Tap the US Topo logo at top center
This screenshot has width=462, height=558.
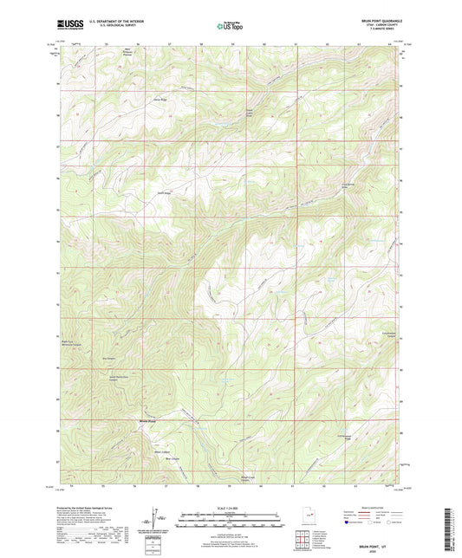tap(230, 27)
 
